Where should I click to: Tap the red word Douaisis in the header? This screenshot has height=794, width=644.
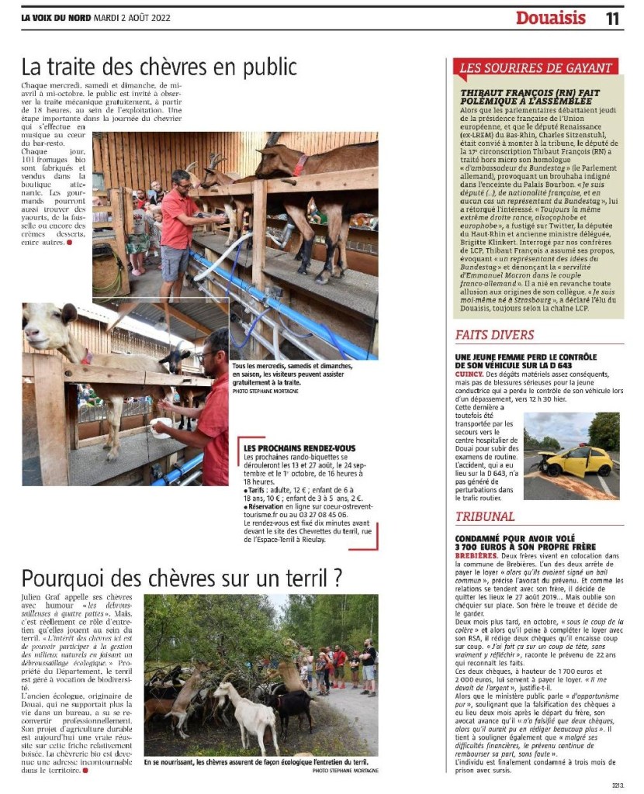pos(552,18)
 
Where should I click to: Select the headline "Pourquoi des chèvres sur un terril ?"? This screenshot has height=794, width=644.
pos(182,578)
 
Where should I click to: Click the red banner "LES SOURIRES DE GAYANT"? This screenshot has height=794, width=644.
pos(535,67)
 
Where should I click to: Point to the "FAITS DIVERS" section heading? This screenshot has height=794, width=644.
pos(494,335)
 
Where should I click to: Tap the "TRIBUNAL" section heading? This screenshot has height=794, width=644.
pos(485,516)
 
